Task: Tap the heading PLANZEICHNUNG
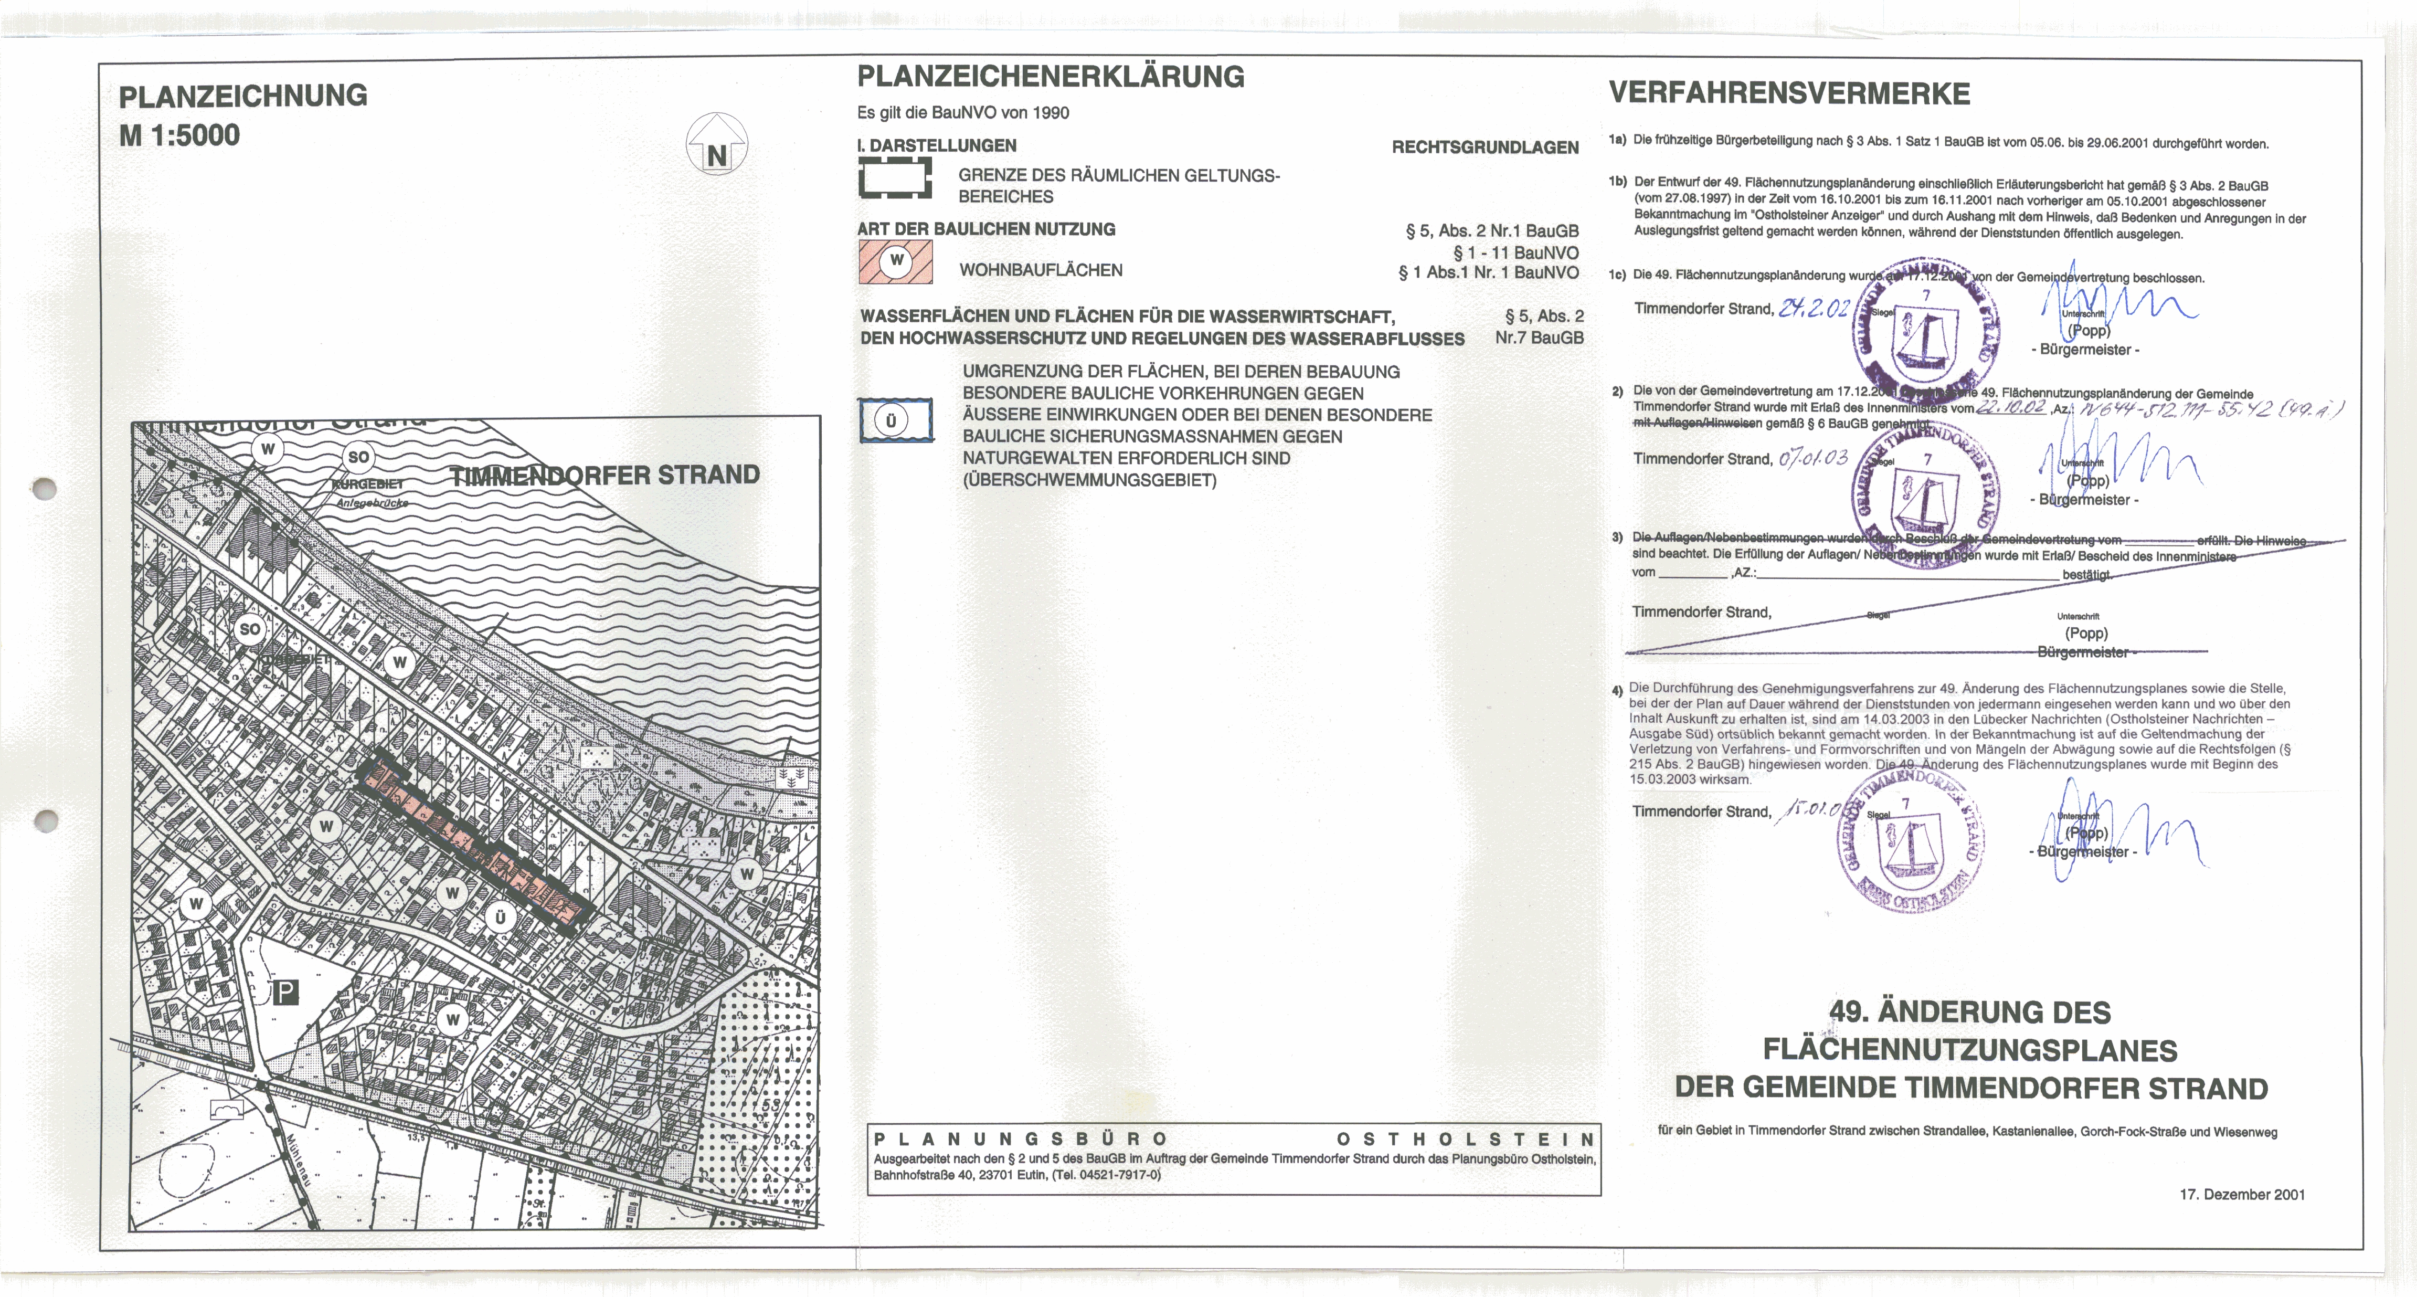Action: [243, 96]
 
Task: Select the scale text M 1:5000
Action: [179, 135]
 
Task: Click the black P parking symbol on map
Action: [285, 992]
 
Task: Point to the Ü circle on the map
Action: [500, 917]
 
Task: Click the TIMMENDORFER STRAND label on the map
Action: [605, 475]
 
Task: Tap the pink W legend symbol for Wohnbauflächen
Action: [896, 262]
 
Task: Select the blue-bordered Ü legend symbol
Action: [896, 420]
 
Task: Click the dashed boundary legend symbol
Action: [895, 177]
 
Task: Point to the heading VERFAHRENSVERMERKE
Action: [1789, 94]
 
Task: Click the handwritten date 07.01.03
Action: [1812, 458]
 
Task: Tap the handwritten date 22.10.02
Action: [2011, 408]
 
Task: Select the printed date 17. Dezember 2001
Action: [2242, 1195]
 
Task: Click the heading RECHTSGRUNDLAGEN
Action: [1485, 147]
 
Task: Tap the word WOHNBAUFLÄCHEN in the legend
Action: [1041, 270]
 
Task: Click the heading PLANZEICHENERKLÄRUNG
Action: [1051, 77]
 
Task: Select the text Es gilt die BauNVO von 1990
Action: [963, 113]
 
